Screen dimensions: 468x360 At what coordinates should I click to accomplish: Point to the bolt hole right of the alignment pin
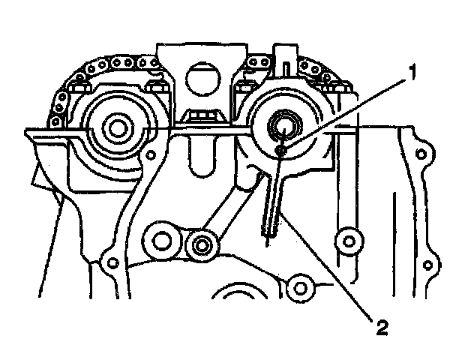point(346,241)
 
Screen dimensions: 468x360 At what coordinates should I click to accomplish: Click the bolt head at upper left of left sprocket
point(67,96)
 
